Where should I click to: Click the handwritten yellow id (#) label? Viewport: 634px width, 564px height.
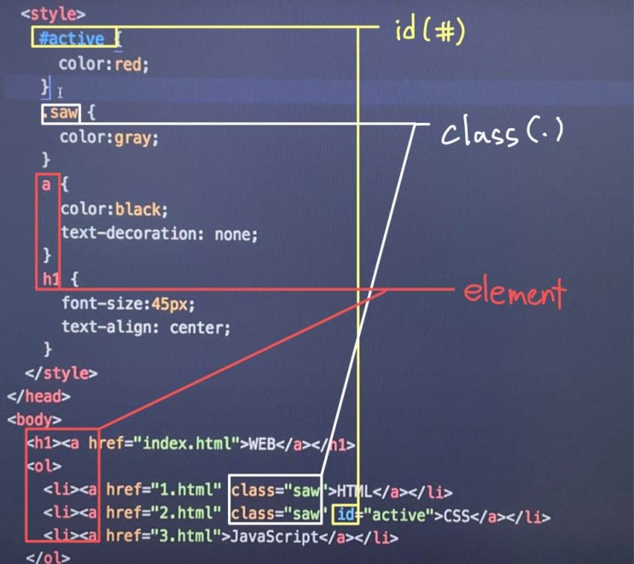[430, 31]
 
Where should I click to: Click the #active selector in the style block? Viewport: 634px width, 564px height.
[72, 38]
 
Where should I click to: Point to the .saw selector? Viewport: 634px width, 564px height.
[61, 113]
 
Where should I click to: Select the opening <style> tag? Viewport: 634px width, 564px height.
[54, 15]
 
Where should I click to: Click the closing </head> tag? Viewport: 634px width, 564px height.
[38, 396]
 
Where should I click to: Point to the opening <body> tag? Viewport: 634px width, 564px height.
[34, 420]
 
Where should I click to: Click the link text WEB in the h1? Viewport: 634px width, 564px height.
[262, 444]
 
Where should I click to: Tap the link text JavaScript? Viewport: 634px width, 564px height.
[275, 537]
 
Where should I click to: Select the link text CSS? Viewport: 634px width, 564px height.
[457, 515]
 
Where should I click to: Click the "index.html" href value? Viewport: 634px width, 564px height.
[187, 444]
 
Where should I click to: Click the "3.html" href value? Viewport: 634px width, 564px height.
[185, 537]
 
